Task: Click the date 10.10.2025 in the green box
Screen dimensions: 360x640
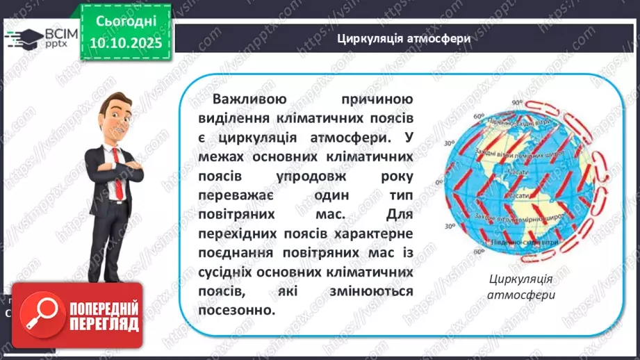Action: click(x=125, y=43)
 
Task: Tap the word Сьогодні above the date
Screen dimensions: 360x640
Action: click(x=125, y=22)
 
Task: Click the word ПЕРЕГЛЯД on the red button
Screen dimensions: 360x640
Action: click(x=103, y=324)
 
